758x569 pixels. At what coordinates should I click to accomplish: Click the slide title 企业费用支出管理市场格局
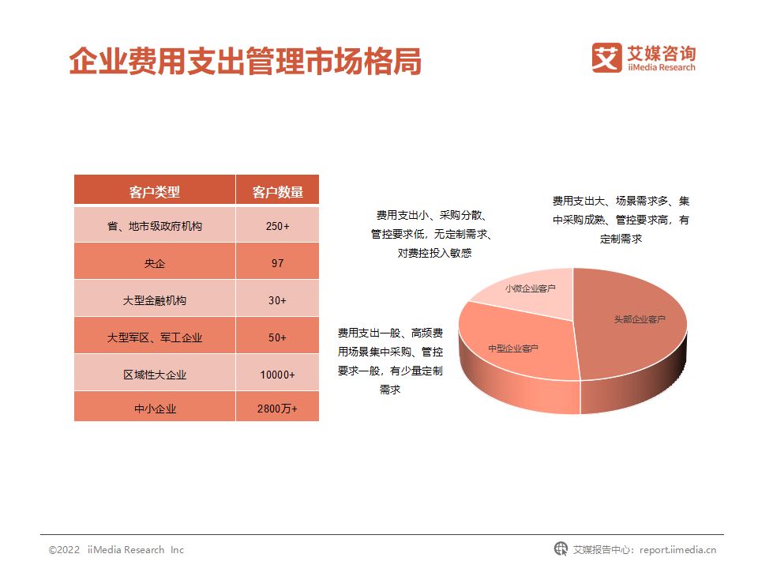click(x=245, y=62)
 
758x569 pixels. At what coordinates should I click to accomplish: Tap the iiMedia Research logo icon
click(x=607, y=58)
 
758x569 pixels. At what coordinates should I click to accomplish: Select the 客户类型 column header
click(x=155, y=191)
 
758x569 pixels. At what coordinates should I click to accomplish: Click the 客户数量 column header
click(x=277, y=191)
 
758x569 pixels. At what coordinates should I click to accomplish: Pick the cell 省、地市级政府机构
click(x=155, y=226)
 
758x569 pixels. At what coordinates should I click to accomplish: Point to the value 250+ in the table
click(x=277, y=226)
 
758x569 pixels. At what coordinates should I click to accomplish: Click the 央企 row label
click(x=155, y=263)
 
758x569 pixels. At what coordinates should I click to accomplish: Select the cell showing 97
click(x=277, y=263)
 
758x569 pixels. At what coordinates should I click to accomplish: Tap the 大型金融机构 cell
click(x=155, y=300)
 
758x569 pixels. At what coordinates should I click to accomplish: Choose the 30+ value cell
click(x=277, y=300)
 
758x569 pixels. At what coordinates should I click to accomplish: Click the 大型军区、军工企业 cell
click(x=155, y=337)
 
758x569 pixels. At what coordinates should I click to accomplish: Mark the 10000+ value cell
click(x=277, y=375)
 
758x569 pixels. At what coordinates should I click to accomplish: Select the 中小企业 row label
click(x=155, y=409)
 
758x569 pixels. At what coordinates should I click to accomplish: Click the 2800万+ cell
click(x=277, y=409)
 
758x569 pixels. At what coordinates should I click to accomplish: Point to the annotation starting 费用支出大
click(x=621, y=220)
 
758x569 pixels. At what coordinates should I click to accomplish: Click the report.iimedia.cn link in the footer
click(x=677, y=549)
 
